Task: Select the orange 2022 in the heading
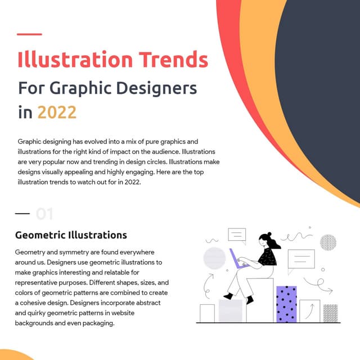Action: (x=57, y=112)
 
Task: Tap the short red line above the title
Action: (x=29, y=34)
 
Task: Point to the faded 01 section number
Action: (x=44, y=214)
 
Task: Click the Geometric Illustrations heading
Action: (x=71, y=235)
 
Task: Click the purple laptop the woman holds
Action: (x=239, y=260)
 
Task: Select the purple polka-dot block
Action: (x=286, y=304)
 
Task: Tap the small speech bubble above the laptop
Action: (x=237, y=235)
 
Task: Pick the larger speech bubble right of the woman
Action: (x=301, y=259)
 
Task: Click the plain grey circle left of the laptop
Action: (x=214, y=258)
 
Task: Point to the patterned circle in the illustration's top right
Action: (x=328, y=242)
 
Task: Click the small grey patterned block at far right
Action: (x=330, y=313)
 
